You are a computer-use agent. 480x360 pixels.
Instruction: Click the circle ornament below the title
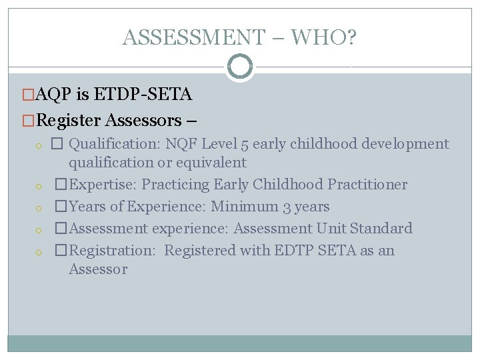click(x=240, y=67)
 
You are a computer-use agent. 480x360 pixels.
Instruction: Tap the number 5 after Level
click(x=245, y=144)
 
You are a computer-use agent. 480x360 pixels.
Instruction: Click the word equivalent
click(x=211, y=163)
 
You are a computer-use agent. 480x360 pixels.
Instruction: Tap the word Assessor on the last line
click(x=97, y=269)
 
